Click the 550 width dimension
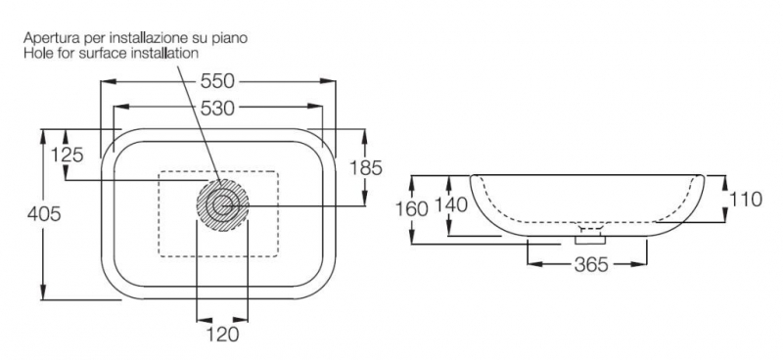click(217, 81)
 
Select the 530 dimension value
click(217, 108)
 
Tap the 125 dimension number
click(67, 156)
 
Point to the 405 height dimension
click(44, 214)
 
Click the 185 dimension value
click(365, 168)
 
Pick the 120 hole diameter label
click(222, 334)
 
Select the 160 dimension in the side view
click(412, 208)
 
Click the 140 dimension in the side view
click(451, 204)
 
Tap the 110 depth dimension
click(746, 200)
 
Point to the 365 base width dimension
click(591, 265)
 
